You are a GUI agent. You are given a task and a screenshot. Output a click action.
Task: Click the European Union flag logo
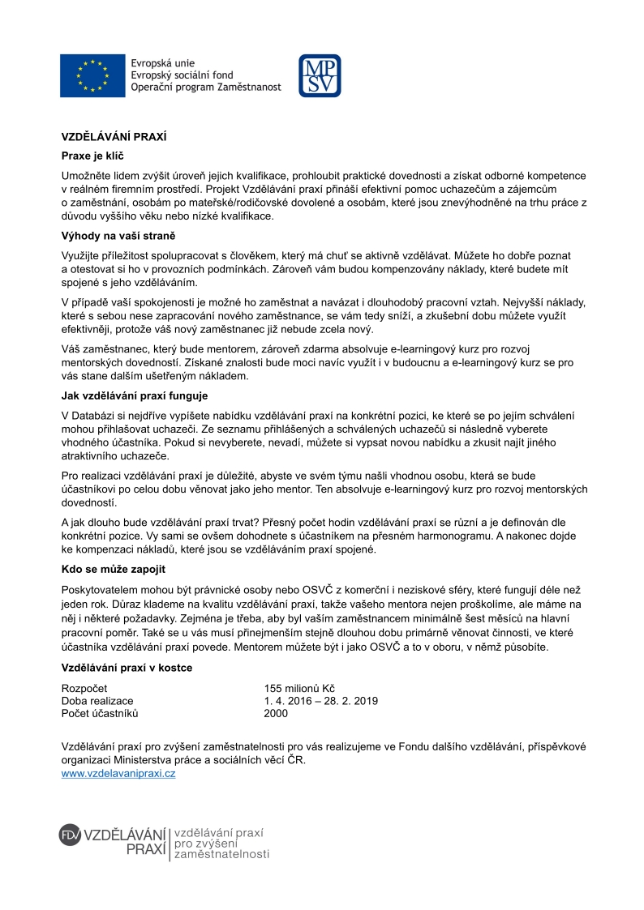point(92,74)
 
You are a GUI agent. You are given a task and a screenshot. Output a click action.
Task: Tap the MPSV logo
point(320,75)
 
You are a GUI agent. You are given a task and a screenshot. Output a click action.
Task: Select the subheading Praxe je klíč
point(92,155)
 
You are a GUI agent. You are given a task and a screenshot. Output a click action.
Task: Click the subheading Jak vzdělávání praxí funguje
point(135,396)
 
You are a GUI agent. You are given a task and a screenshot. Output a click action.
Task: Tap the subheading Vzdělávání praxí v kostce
point(127,669)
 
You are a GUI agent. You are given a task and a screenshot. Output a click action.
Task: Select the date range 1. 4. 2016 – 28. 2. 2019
point(320,701)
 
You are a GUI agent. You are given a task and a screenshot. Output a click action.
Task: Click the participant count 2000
point(276,713)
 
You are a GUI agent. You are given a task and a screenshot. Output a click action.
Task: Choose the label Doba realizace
point(97,701)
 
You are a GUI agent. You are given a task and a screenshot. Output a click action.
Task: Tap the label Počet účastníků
point(101,713)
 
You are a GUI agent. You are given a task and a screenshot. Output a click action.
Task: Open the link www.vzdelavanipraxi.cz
point(118,774)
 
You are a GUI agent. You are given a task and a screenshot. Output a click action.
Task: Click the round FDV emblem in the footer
point(71,835)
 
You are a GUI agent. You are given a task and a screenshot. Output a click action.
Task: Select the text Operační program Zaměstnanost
point(205,87)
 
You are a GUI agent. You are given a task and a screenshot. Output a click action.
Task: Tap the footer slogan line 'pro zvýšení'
point(206,844)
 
